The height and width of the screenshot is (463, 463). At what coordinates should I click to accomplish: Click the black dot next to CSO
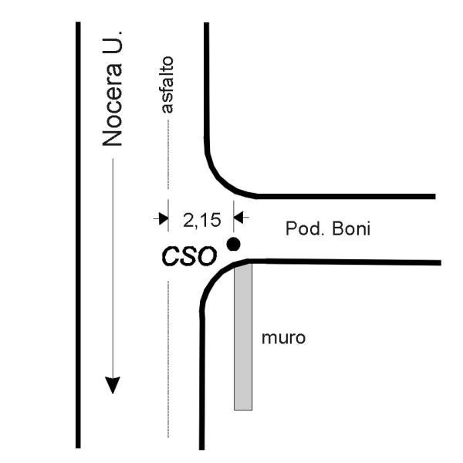[233, 244]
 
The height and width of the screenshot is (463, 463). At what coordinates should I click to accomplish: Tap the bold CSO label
[189, 256]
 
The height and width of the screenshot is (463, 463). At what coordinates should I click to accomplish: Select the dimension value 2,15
[202, 220]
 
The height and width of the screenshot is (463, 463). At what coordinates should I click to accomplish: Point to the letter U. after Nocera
[112, 42]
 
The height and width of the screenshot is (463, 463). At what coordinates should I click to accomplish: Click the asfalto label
[167, 85]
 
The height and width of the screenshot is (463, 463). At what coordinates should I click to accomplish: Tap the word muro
[283, 338]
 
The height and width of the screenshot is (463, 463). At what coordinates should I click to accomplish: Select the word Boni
[351, 229]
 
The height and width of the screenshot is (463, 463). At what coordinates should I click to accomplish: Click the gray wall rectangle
[243, 336]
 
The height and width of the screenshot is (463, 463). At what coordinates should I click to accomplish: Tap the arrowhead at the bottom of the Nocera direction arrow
[113, 385]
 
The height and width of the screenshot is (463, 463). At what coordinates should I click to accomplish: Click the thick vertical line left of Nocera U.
[78, 235]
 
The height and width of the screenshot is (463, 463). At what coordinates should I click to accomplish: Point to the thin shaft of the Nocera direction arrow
[113, 268]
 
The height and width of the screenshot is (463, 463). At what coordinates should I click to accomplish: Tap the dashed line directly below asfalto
[168, 154]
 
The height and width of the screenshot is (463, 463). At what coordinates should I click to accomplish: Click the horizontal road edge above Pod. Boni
[346, 196]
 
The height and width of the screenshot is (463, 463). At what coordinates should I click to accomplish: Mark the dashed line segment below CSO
[168, 360]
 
